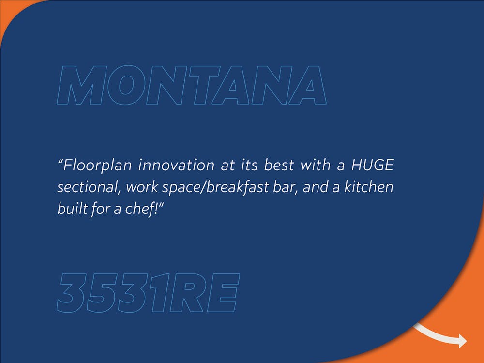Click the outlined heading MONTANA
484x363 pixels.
(191, 85)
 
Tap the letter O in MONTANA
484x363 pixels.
(126, 85)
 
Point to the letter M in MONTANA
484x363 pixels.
(82, 85)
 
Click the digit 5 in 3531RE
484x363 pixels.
(104, 293)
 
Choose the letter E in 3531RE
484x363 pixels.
(223, 293)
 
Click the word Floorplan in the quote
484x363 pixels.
(98, 166)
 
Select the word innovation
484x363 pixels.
(176, 165)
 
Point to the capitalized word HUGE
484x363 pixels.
(373, 165)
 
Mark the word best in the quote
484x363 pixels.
(279, 165)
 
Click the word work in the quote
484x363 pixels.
(142, 187)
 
